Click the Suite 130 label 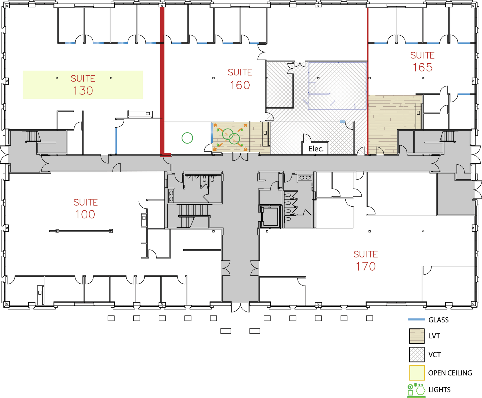pyautogui.click(x=83, y=84)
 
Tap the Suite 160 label pyautogui.click(x=240, y=79)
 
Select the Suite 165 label pyautogui.click(x=423, y=61)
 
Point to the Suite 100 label pyautogui.click(x=85, y=209)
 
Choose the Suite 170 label pyautogui.click(x=366, y=261)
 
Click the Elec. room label pyautogui.click(x=316, y=149)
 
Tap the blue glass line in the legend pyautogui.click(x=416, y=319)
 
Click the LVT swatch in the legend pyautogui.click(x=417, y=336)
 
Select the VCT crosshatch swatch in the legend pyautogui.click(x=417, y=354)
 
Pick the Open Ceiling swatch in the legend pyautogui.click(x=417, y=373)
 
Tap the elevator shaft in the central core pyautogui.click(x=270, y=217)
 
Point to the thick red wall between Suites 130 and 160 pyautogui.click(x=162, y=80)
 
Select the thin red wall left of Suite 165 pyautogui.click(x=368, y=80)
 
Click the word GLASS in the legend pyautogui.click(x=438, y=320)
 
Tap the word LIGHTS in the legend pyautogui.click(x=439, y=390)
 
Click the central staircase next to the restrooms pyautogui.click(x=193, y=216)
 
